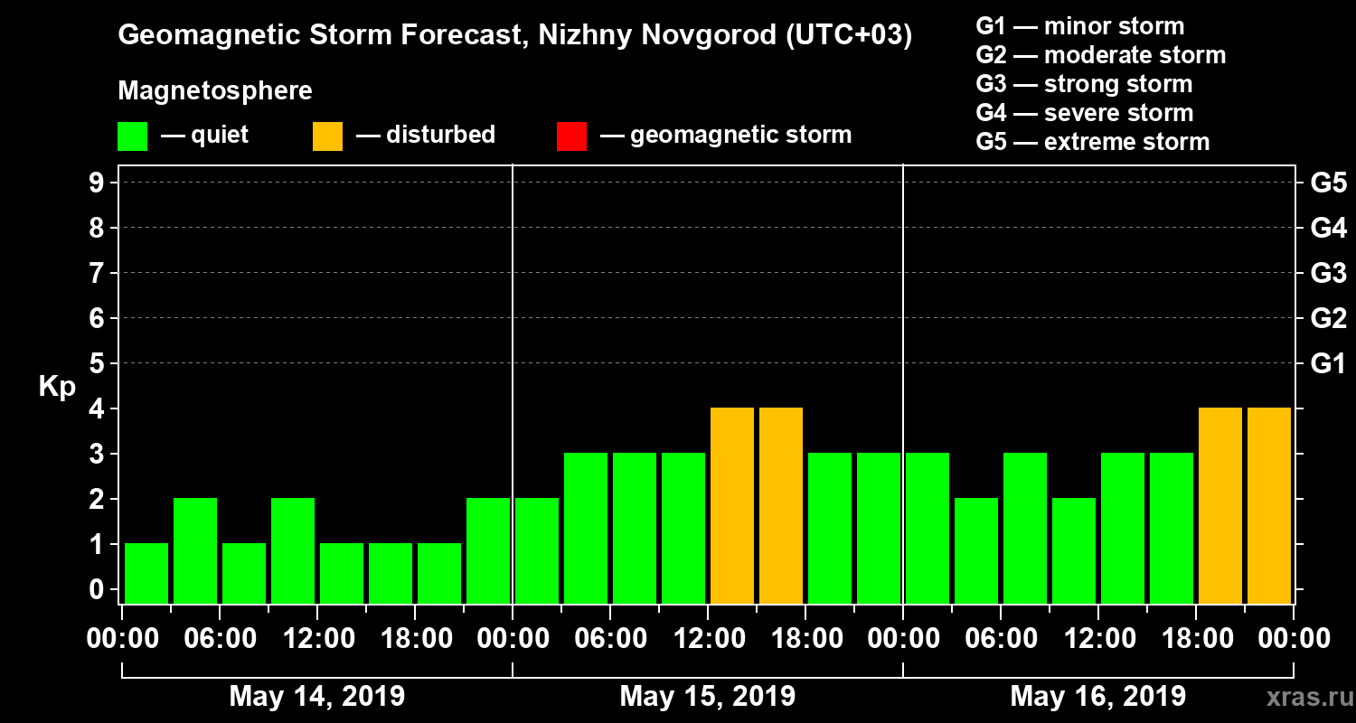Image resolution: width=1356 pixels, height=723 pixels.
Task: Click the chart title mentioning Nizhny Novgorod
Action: coord(514,35)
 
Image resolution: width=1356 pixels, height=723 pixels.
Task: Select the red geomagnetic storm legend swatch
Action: coord(571,136)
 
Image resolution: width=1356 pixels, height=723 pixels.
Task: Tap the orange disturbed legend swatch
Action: coord(327,136)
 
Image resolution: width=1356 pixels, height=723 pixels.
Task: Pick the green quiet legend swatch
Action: coord(132,136)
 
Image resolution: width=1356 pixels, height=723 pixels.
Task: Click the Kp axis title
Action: coord(57,386)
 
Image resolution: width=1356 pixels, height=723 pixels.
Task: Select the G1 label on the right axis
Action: coord(1328,363)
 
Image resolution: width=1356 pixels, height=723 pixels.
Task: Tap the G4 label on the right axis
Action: coord(1328,228)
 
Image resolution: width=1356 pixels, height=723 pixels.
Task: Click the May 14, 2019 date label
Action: coord(316,696)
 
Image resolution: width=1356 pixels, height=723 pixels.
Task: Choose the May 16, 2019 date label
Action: coord(1097,696)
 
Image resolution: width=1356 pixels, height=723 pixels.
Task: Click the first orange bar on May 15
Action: coord(732,505)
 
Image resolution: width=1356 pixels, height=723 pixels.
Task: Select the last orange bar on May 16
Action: coord(1269,505)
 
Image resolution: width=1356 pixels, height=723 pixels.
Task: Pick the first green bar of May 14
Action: coord(146,573)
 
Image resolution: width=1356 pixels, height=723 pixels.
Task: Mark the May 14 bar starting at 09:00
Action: coord(293,550)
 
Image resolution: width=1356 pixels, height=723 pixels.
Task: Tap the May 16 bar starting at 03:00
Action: coord(976,550)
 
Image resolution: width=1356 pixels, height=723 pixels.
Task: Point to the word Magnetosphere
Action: coord(215,91)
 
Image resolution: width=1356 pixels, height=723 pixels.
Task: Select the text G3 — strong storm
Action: coord(1084,84)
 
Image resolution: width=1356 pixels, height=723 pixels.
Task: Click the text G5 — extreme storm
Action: coord(1092,142)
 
